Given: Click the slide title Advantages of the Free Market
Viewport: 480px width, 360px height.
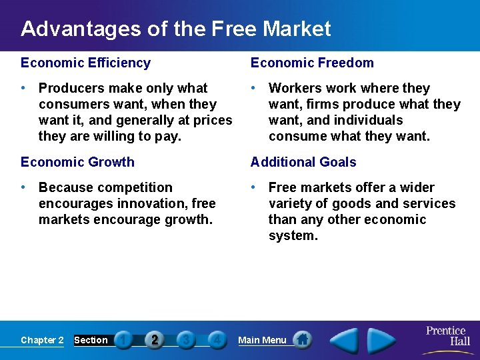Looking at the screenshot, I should coord(175,29).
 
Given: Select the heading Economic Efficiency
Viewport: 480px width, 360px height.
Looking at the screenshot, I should coord(85,63).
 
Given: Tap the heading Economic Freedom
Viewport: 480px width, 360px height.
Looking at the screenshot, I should coord(312,63).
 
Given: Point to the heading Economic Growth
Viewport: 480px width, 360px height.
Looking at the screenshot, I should coord(77,162).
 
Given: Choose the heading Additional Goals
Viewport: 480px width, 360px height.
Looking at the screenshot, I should coord(303,162).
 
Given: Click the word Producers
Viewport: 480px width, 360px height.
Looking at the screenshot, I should coord(71,88).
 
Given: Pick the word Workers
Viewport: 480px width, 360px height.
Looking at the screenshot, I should coord(295,88).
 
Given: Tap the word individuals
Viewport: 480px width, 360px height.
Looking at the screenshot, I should coord(370,120).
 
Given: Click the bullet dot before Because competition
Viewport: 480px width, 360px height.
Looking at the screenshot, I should coord(23,187).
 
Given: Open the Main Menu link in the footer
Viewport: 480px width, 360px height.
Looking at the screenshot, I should coord(262,340).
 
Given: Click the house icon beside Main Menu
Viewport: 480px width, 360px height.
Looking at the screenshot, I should coord(302,339).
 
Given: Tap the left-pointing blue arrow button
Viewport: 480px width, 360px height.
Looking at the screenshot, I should coord(344,341).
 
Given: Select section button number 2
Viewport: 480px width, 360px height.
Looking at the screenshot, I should coord(155,340).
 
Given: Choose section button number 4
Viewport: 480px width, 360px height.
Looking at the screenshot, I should coord(216,340).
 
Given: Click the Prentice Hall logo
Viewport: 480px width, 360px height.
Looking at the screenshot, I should coord(447,337).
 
